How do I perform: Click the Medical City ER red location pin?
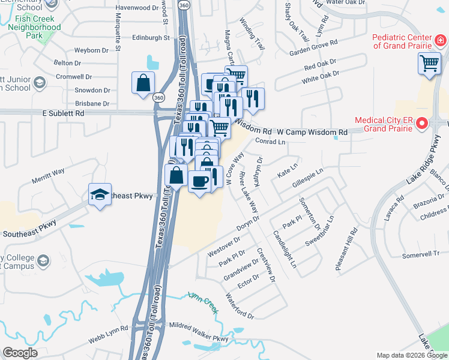tap(421, 124)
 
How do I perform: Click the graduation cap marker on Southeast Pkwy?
tap(100, 194)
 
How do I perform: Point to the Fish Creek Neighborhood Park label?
tap(34, 27)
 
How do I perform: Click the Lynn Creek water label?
tap(202, 298)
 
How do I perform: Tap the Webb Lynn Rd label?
tap(109, 329)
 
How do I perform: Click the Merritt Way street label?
tap(48, 172)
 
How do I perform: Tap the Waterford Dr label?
tap(240, 305)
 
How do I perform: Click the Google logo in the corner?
tap(20, 353)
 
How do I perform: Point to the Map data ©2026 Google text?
tap(412, 355)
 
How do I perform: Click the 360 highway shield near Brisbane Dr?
tap(158, 97)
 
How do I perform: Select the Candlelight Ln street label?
tap(285, 249)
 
